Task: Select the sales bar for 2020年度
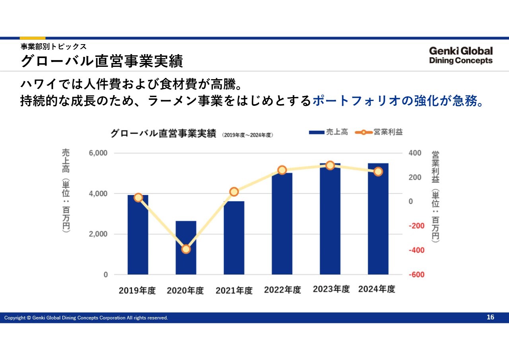point(186,248)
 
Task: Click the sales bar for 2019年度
point(138,235)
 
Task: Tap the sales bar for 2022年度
point(282,224)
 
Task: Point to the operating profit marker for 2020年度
point(186,249)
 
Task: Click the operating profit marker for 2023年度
point(330,165)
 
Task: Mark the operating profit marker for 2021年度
point(234,192)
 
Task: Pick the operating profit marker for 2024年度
point(378,171)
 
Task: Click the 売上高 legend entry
point(328,132)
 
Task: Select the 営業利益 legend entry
point(379,132)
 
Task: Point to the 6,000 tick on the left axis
point(98,153)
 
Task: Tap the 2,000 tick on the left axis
point(98,234)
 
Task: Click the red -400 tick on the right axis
point(416,250)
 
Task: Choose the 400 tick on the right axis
point(415,153)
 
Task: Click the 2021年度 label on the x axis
point(234,290)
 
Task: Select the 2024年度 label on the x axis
point(377,289)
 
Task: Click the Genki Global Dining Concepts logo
point(461,55)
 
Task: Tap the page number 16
point(490,317)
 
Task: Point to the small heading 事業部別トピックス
point(54,47)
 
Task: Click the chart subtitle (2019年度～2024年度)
point(247,135)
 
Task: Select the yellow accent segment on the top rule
point(33,38)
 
